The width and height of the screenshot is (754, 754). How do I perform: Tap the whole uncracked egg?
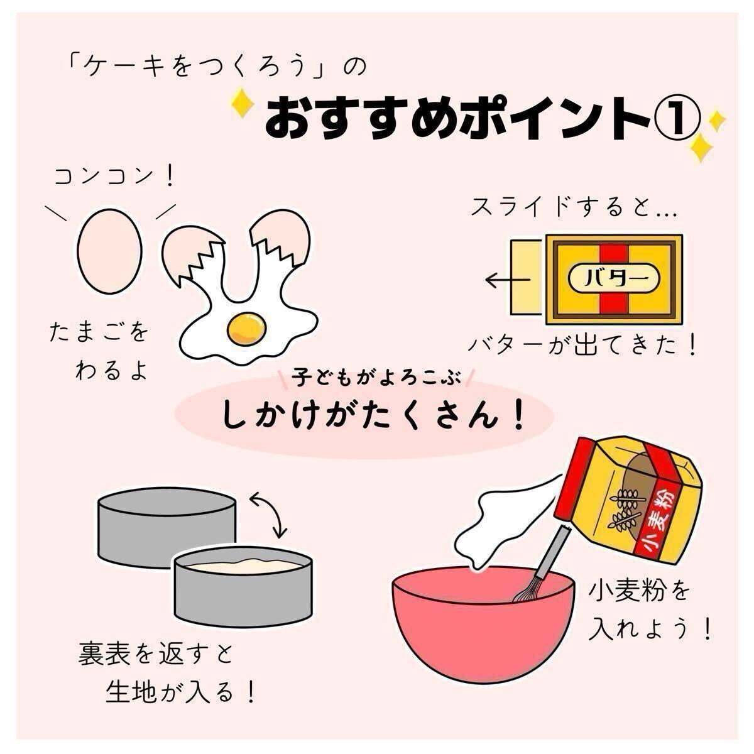coord(109,251)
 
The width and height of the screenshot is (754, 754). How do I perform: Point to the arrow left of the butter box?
coord(508,280)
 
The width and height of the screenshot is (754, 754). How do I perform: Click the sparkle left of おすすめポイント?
coord(243,104)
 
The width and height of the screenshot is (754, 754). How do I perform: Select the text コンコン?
coord(114,177)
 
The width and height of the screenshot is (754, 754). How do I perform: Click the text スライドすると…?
coord(574,206)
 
